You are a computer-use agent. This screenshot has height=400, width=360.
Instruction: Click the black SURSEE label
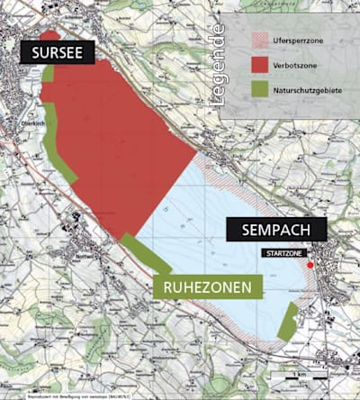(x=57, y=51)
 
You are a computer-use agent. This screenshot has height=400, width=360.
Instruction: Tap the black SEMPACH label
(x=275, y=231)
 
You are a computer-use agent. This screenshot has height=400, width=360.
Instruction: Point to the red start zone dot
(x=310, y=265)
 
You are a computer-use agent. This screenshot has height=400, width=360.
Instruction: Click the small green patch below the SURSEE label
(x=47, y=73)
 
